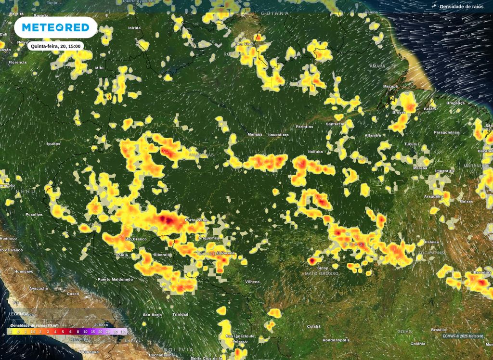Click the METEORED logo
point(56,27)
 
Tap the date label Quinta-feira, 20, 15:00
point(56,46)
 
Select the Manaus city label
point(255,134)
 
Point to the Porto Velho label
point(196,220)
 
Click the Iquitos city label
point(53,143)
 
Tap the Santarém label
point(335,124)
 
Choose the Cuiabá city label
point(313,326)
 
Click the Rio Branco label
point(136,239)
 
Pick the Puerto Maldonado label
point(115,279)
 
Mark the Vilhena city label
point(252,282)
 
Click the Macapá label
point(390,87)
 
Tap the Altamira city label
point(373,135)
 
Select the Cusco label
point(73,294)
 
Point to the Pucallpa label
point(34,214)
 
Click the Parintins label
point(304,127)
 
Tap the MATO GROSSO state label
point(322,273)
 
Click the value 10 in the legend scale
point(85,332)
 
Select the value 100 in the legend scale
point(123,332)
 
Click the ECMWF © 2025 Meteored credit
point(463,336)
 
